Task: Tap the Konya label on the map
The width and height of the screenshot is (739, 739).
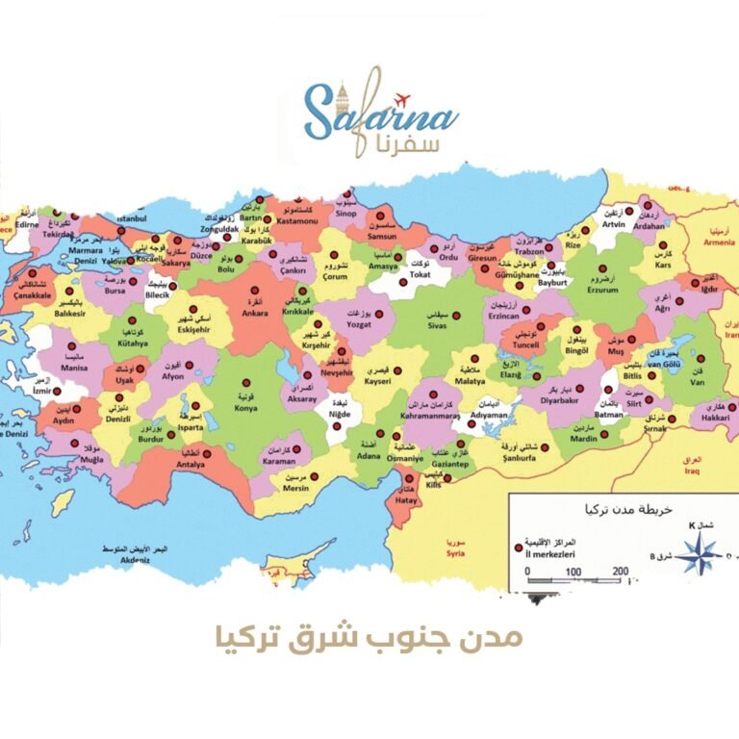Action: click(x=246, y=407)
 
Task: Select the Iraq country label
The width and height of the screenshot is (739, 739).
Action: click(x=693, y=472)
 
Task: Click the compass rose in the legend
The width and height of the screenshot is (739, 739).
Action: click(x=700, y=552)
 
